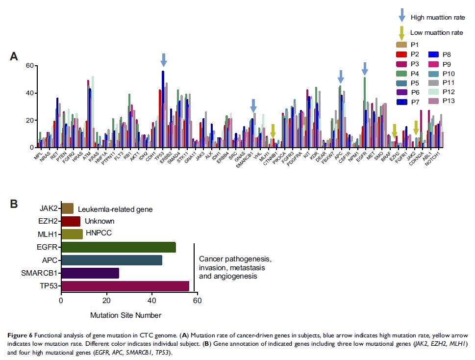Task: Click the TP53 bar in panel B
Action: tap(125, 286)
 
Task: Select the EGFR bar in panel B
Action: tap(118, 247)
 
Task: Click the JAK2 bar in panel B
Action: tap(67, 208)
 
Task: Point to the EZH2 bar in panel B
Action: tap(71, 221)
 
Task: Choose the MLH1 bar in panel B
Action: tap(72, 234)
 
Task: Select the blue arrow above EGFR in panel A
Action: tap(364, 69)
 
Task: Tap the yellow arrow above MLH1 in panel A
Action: tap(273, 130)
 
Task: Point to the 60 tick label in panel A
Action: tap(29, 66)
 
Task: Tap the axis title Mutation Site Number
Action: tap(125, 315)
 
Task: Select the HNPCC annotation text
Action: tap(100, 233)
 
